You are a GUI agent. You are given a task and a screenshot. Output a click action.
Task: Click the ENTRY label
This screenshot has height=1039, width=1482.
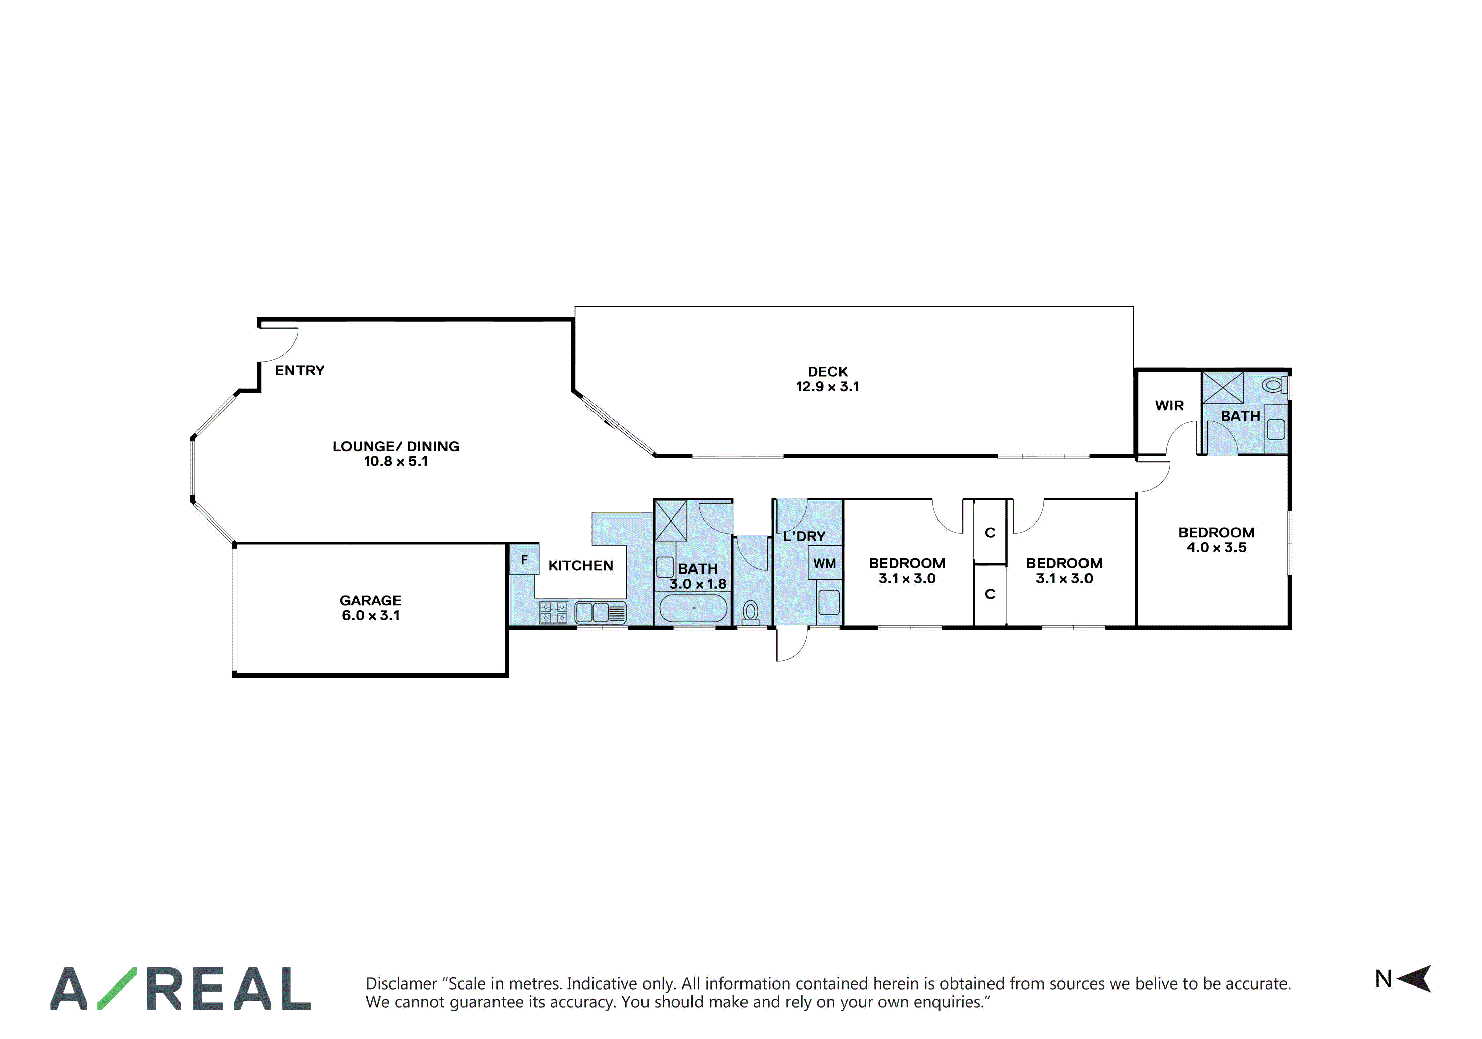click(300, 371)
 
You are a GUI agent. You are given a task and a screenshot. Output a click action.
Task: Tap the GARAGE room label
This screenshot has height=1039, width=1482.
click(371, 601)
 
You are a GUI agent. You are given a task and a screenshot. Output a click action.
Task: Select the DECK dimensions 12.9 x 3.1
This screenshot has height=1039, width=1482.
click(827, 387)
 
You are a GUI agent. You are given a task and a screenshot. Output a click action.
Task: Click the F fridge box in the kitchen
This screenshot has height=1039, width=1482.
click(524, 559)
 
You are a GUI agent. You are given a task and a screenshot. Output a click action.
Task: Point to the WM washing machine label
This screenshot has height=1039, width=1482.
click(824, 564)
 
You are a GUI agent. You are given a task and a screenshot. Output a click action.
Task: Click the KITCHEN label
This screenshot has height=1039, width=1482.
click(581, 566)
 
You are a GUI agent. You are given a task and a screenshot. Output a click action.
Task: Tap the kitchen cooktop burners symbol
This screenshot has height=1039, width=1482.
click(554, 612)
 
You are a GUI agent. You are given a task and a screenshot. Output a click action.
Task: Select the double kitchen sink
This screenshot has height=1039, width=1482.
click(600, 612)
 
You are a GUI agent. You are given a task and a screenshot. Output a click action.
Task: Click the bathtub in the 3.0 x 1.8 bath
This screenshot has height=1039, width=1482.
click(693, 608)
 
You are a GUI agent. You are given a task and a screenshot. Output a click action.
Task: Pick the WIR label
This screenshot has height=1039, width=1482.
click(1170, 406)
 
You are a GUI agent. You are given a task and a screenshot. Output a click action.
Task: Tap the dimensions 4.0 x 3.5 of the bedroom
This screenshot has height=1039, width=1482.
click(1216, 547)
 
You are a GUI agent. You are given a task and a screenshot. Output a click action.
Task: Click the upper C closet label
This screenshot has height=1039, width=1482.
click(990, 533)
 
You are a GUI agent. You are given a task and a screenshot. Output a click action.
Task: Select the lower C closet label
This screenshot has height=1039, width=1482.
click(990, 594)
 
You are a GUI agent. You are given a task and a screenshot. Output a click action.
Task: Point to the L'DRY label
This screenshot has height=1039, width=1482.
click(804, 536)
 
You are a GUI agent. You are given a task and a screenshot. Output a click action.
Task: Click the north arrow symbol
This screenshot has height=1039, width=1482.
click(1415, 979)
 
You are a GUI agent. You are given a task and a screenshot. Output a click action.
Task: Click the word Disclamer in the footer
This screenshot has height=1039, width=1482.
click(402, 983)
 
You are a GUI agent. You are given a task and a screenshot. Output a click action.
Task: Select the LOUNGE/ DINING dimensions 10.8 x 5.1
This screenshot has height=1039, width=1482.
click(396, 461)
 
